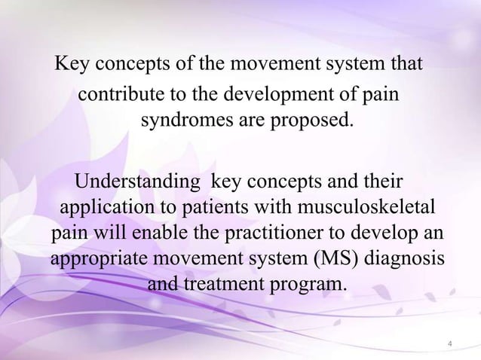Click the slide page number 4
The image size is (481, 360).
[449, 344]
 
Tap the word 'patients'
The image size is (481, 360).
[212, 207]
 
